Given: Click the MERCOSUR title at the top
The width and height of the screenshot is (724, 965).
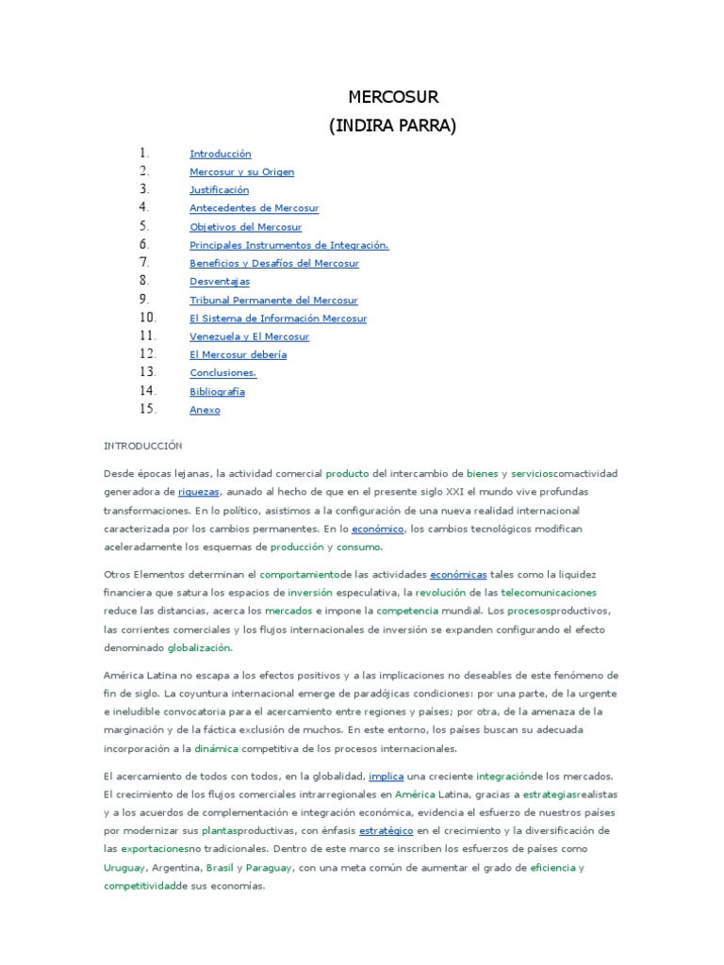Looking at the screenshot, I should pyautogui.click(x=393, y=97).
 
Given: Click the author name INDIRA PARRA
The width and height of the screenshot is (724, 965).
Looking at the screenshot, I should pyautogui.click(x=392, y=126).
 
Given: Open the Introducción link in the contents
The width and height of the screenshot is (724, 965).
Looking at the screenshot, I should pyautogui.click(x=221, y=154).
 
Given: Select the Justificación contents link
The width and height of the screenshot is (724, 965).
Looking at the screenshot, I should pyautogui.click(x=219, y=190).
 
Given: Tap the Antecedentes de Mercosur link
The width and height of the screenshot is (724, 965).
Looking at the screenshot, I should pyautogui.click(x=254, y=208).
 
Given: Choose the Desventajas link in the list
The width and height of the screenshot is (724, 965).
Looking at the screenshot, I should pyautogui.click(x=220, y=282).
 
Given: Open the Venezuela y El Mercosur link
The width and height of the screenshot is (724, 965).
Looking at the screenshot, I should pyautogui.click(x=249, y=336).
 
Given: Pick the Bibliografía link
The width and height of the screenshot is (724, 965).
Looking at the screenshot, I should pyautogui.click(x=217, y=391).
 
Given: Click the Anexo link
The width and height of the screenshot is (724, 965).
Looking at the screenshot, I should pyautogui.click(x=205, y=410).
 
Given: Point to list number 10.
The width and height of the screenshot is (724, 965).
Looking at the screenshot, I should pyautogui.click(x=147, y=318).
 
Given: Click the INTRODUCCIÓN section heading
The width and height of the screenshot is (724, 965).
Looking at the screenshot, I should pyautogui.click(x=143, y=446).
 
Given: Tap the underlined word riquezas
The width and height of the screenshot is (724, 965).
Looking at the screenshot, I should pyautogui.click(x=198, y=492).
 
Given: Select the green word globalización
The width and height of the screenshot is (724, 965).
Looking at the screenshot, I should pyautogui.click(x=199, y=648).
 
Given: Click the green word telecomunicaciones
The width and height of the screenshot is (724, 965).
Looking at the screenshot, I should pyautogui.click(x=549, y=593).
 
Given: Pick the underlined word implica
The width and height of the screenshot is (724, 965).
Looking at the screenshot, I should pyautogui.click(x=386, y=777).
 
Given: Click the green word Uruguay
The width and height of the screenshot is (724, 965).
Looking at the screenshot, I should pyautogui.click(x=124, y=868).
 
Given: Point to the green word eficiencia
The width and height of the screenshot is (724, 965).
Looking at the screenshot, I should pyautogui.click(x=552, y=868).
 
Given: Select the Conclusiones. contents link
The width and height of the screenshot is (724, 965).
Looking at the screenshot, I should pyautogui.click(x=222, y=373).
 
